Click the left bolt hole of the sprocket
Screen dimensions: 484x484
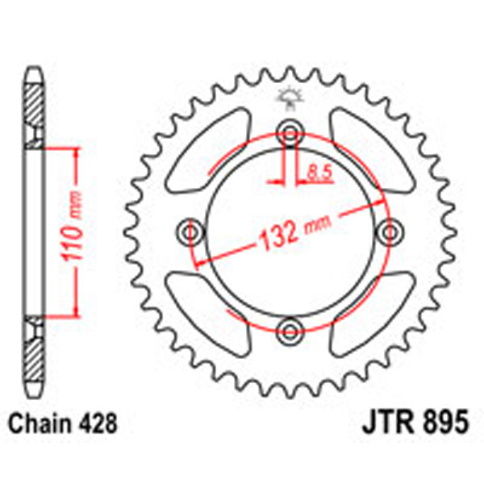191,232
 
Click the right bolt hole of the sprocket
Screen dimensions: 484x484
392,232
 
